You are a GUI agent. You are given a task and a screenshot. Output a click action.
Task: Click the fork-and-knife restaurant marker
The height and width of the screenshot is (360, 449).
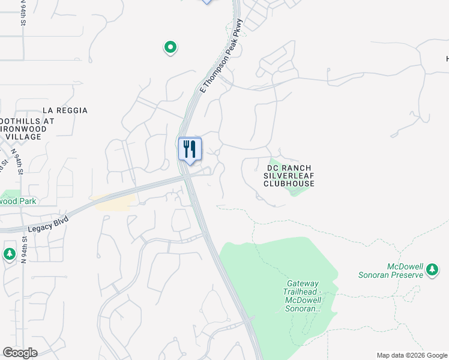point(190,149)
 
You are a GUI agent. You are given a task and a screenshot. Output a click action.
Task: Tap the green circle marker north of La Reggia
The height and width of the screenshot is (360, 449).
point(170,47)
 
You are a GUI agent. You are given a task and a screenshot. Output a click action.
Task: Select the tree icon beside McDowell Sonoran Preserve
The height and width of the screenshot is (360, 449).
point(432,271)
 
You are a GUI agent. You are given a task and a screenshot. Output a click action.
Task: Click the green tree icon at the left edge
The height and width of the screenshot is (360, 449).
point(9,254)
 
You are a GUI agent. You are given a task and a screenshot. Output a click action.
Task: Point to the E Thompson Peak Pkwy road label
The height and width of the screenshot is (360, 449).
point(221,56)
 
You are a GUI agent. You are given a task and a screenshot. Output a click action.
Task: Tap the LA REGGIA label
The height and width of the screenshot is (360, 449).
point(65,110)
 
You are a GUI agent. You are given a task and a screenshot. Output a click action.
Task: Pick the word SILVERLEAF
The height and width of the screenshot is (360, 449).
point(289,175)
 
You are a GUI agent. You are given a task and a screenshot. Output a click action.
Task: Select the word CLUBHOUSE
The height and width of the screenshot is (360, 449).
point(289,184)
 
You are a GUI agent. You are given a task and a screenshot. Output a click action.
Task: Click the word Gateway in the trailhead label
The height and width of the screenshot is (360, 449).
point(303,283)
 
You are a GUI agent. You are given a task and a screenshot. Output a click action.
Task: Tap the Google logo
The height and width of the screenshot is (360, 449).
point(20,353)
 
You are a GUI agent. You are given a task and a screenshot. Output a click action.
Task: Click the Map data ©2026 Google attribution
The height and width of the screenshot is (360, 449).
point(412,355)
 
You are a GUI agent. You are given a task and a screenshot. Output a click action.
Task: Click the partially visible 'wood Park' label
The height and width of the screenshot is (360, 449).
point(18,201)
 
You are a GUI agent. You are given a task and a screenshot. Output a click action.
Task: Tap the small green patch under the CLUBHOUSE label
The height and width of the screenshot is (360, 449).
point(298,191)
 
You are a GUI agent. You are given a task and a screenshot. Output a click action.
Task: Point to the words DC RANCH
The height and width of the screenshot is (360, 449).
point(289,167)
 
